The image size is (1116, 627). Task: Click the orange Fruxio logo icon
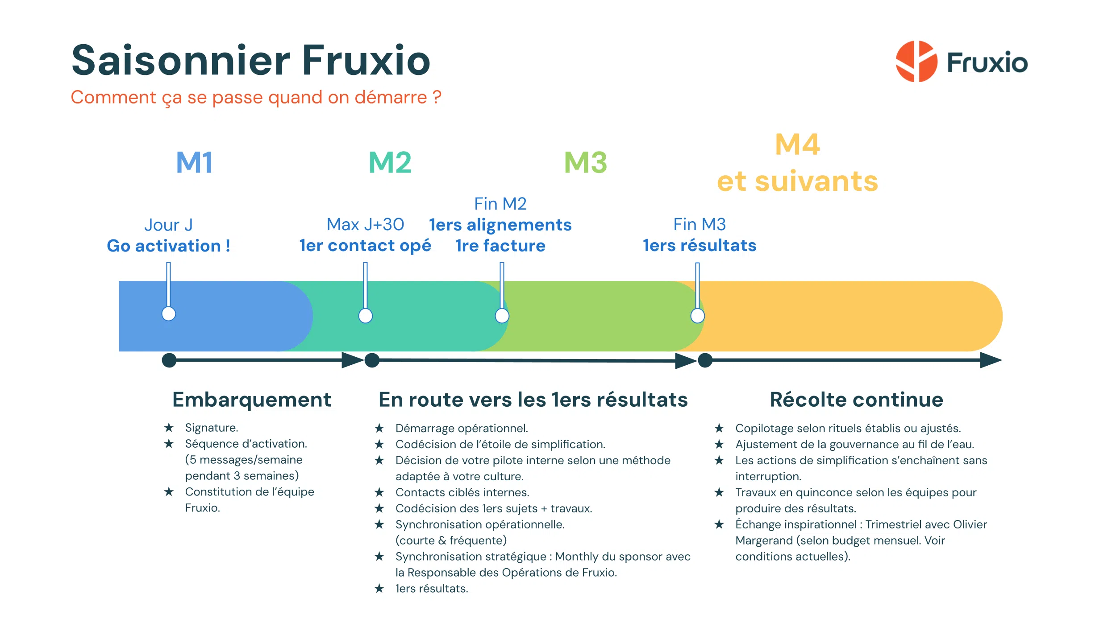[916, 62]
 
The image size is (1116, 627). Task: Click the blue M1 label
[195, 162]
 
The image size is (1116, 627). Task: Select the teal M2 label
[390, 162]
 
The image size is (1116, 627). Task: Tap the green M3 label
[585, 162]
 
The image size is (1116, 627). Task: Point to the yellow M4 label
[797, 144]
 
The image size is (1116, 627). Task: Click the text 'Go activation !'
[168, 246]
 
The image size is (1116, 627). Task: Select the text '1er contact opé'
[365, 245]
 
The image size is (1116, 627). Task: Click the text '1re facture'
[500, 246]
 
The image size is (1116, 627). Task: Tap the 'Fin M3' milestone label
[699, 224]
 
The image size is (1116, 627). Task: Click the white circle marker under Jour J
[169, 314]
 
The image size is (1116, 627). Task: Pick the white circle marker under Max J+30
[366, 316]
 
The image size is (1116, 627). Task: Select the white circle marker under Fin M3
[697, 316]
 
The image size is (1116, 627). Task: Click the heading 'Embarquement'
[252, 400]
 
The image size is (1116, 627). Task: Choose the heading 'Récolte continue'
[856, 400]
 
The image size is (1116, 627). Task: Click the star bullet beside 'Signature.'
[169, 428]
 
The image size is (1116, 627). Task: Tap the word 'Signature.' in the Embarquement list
[212, 428]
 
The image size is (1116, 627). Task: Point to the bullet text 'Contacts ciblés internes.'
[462, 492]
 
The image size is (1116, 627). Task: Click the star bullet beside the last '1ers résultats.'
[379, 589]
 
